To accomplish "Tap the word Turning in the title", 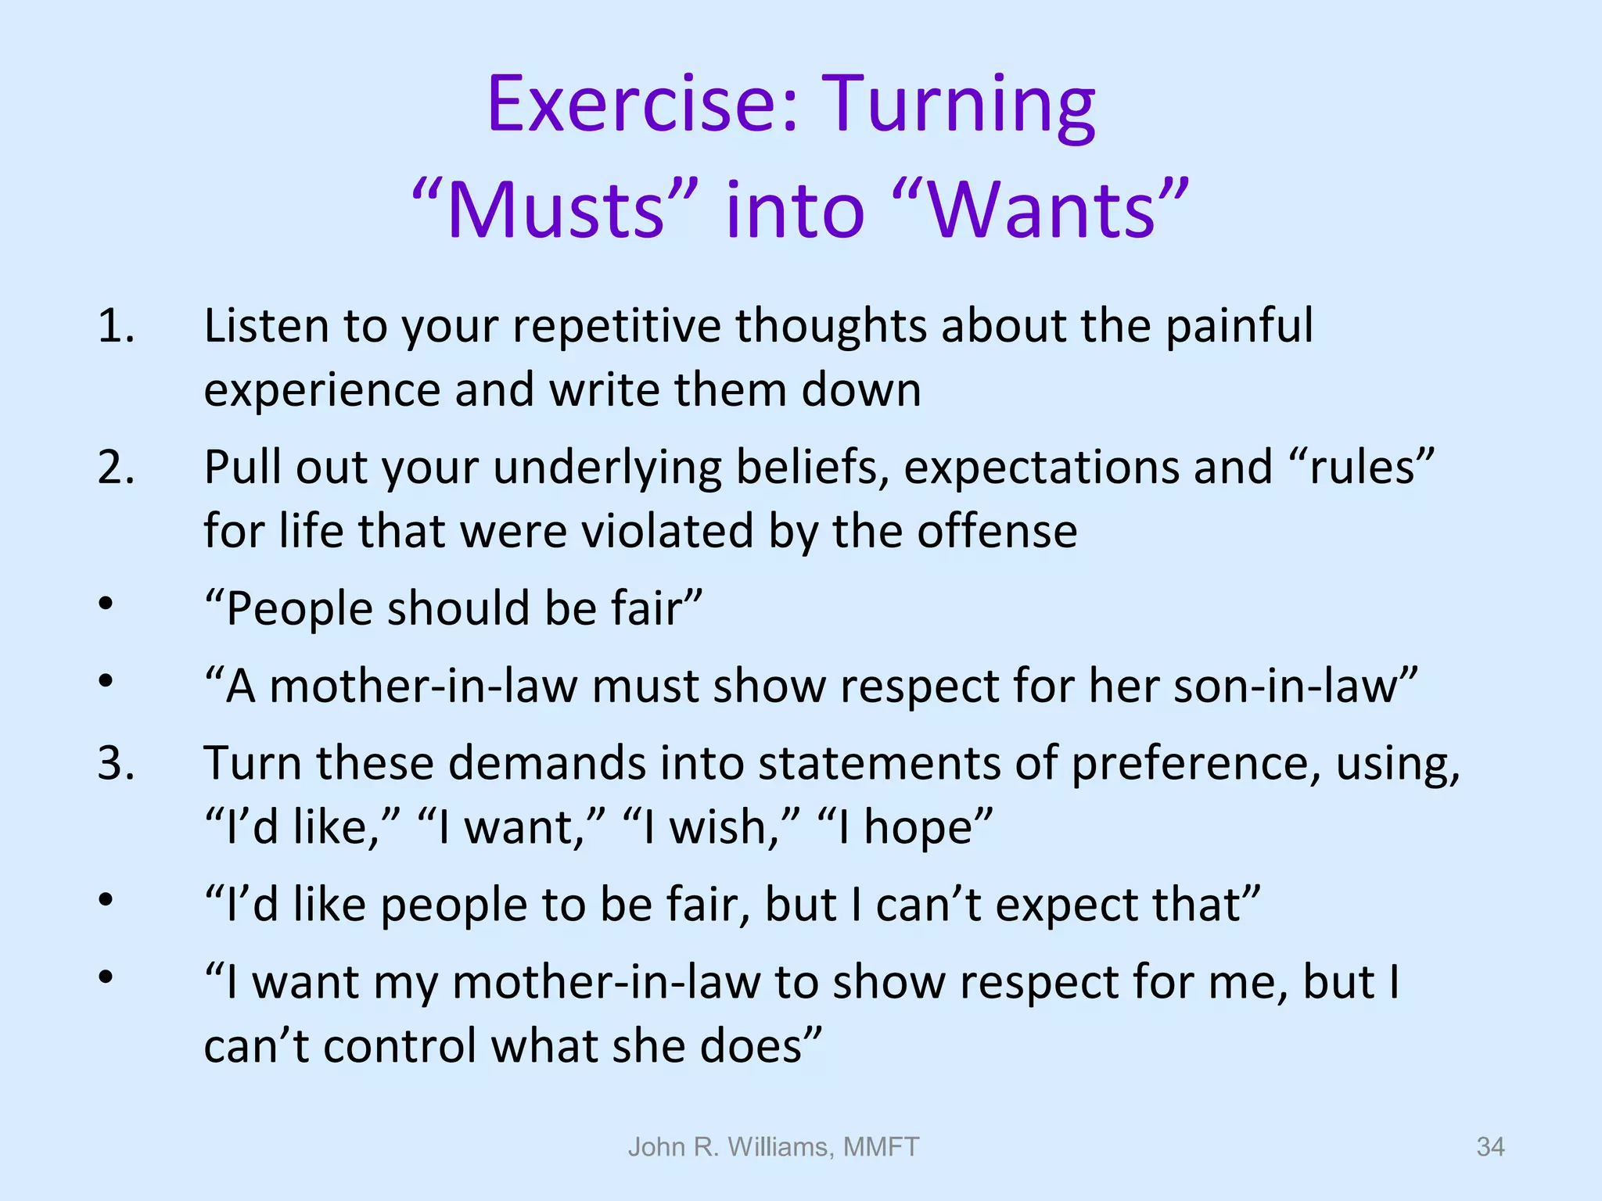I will tap(961, 105).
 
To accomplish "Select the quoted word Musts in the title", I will tap(555, 210).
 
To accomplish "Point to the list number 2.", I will tap(116, 468).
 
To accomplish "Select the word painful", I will tap(1239, 327).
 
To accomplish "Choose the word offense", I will tap(997, 532).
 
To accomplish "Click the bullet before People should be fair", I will tap(106, 604).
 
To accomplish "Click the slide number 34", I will tap(1489, 1147).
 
